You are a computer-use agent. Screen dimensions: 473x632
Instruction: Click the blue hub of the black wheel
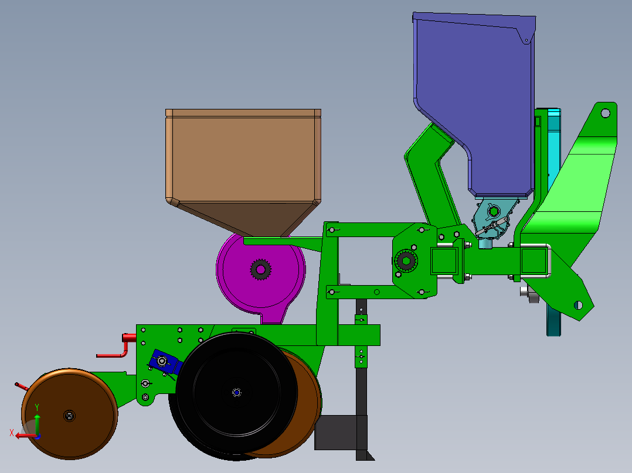(237, 392)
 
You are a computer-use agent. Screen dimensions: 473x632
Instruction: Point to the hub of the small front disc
(69, 416)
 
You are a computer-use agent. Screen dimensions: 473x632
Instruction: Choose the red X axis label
(12, 433)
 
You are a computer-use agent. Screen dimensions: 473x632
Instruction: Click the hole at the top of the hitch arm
(605, 112)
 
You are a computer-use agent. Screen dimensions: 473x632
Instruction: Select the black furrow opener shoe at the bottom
(340, 433)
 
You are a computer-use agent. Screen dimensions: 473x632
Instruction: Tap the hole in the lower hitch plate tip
(578, 304)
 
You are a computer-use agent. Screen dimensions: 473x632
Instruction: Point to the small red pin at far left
(21, 386)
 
